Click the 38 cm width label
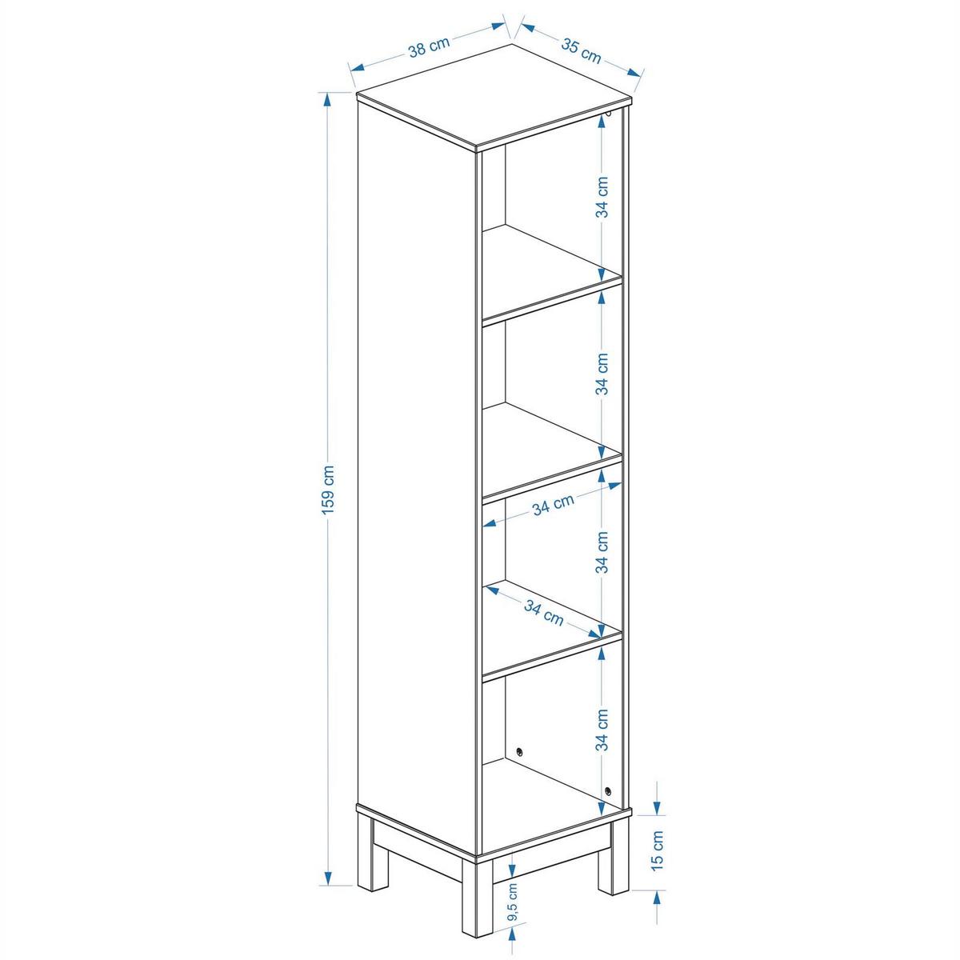tap(429, 47)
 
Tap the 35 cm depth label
tap(582, 50)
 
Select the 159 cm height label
tap(328, 490)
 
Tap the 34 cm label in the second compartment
tap(602, 374)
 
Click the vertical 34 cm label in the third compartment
tap(602, 552)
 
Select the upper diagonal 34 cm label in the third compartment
tap(553, 504)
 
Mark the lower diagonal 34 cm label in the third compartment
tap(543, 613)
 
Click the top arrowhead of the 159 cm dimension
tap(327, 100)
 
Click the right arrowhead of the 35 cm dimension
tap(634, 73)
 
